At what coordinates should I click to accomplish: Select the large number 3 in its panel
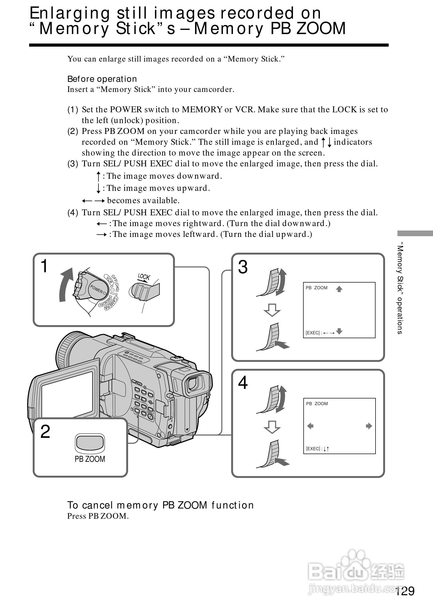tap(243, 267)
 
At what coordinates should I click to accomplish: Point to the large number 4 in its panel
tap(243, 382)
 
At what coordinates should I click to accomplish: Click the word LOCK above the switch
tap(144, 277)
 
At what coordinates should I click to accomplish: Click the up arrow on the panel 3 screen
tap(339, 289)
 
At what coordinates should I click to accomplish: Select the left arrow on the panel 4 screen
tap(310, 426)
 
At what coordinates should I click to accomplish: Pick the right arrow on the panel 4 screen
tap(369, 426)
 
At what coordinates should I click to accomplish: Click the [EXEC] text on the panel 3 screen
tap(313, 333)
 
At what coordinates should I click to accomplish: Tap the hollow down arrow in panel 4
tap(272, 427)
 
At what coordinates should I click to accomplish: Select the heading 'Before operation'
tap(102, 79)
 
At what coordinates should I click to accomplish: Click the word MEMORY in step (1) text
tap(202, 109)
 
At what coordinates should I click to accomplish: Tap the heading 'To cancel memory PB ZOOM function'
tap(160, 505)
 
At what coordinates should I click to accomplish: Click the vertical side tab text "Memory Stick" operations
tap(400, 288)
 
